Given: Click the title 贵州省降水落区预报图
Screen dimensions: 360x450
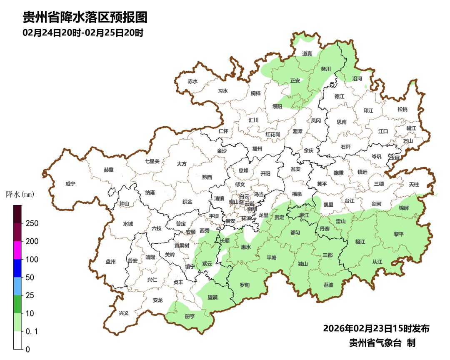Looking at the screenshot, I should tap(85, 17).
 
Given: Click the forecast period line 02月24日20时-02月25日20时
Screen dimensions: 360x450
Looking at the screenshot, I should tap(83, 32).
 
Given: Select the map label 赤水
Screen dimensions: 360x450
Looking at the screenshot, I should tap(192, 81).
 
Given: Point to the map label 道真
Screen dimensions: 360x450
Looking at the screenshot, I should tap(307, 53).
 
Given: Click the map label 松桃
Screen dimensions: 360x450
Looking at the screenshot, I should tap(402, 109).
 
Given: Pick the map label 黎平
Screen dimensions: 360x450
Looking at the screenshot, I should tap(399, 234).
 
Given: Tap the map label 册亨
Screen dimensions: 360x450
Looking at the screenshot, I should tap(190, 316).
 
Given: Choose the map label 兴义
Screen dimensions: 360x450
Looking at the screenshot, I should tap(124, 313).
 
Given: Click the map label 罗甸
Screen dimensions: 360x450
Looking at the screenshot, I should tap(245, 285).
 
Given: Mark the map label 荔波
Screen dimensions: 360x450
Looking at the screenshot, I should tap(328, 285).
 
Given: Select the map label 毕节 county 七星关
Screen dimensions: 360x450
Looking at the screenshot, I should tap(152, 161).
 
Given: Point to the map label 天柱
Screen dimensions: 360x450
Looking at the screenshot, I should tap(413, 184).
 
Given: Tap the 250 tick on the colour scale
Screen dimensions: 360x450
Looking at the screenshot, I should tap(32, 223).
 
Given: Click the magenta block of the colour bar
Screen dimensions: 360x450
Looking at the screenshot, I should tap(17, 250).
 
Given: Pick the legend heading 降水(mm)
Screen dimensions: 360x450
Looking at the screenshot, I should tap(20, 194).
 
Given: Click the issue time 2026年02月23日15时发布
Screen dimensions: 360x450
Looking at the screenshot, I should tap(376, 328).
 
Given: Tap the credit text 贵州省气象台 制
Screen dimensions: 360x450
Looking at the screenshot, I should tap(382, 343).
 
